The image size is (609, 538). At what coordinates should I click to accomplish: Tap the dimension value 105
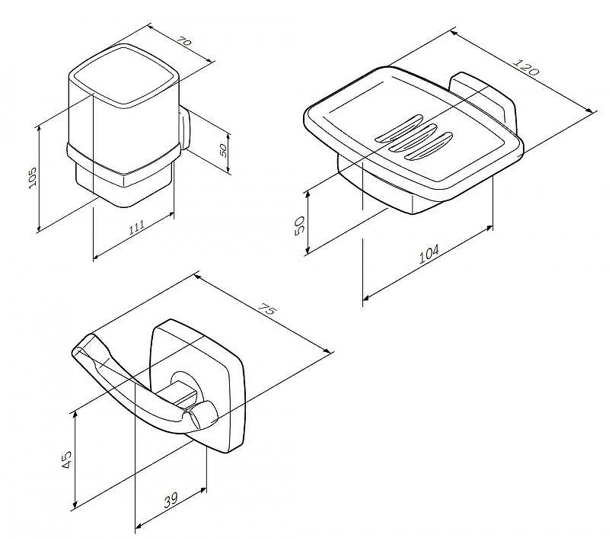tap(32, 178)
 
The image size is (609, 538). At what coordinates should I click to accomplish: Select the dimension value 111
tap(137, 226)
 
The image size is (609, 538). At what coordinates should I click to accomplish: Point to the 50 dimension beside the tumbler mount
tap(223, 150)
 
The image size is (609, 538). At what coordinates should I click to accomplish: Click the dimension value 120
tap(526, 67)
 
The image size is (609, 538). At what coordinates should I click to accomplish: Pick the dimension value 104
tap(429, 254)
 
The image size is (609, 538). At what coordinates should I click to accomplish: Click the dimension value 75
tap(268, 309)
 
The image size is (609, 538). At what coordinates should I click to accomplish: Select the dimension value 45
tap(66, 460)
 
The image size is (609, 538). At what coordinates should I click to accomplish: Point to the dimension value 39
tap(171, 500)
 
